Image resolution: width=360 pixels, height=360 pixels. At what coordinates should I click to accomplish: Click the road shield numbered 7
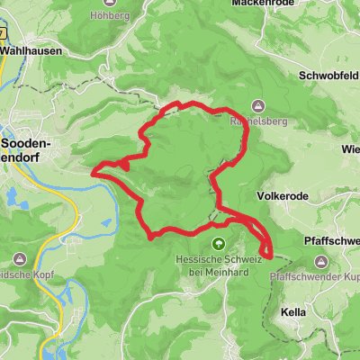(x=3, y=32)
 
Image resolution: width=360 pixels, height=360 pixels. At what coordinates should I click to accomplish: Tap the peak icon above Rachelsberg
(x=258, y=105)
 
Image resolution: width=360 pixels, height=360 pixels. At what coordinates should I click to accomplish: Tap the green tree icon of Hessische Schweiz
(x=216, y=243)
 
